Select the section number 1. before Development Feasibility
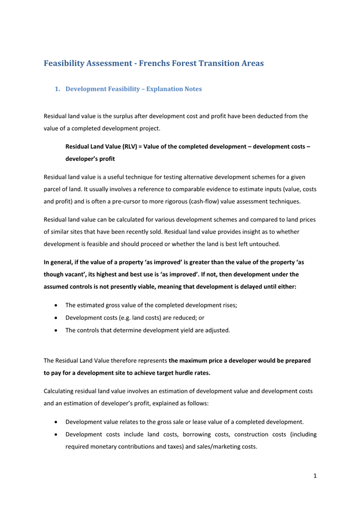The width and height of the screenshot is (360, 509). pyautogui.click(x=58, y=89)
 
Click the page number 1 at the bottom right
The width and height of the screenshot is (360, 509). pyautogui.click(x=315, y=476)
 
